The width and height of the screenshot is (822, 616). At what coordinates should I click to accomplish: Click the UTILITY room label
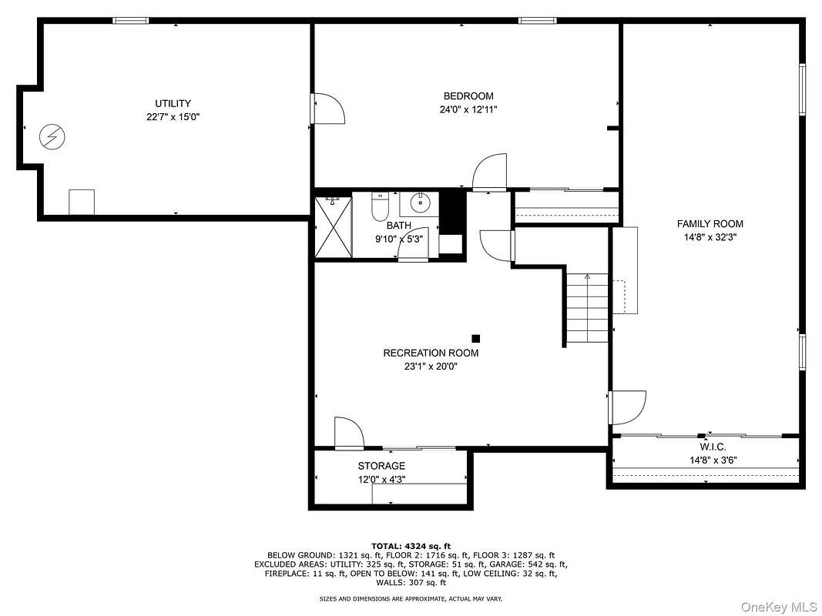[x=173, y=103]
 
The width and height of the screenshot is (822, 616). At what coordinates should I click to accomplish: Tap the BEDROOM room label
[x=468, y=96]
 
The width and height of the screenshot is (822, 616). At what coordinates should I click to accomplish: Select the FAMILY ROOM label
[x=710, y=224]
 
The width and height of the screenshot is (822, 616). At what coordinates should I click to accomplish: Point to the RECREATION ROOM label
[x=431, y=353]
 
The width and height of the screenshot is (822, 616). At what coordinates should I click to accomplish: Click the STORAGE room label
[x=381, y=466]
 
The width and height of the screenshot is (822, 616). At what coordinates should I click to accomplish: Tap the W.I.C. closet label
[x=713, y=447]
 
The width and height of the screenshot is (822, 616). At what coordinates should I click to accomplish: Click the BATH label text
[x=399, y=226]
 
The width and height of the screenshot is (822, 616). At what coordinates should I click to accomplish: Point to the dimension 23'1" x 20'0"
[x=431, y=367]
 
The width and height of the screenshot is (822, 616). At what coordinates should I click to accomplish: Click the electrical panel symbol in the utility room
[x=52, y=138]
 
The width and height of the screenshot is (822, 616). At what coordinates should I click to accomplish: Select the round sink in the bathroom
[x=420, y=204]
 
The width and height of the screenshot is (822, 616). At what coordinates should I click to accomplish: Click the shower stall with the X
[x=333, y=229]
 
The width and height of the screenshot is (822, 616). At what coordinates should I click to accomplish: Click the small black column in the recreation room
[x=475, y=338]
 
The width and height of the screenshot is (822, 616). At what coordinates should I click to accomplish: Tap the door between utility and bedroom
[x=327, y=109]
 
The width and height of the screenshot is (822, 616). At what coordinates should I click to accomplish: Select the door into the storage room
[x=348, y=433]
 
